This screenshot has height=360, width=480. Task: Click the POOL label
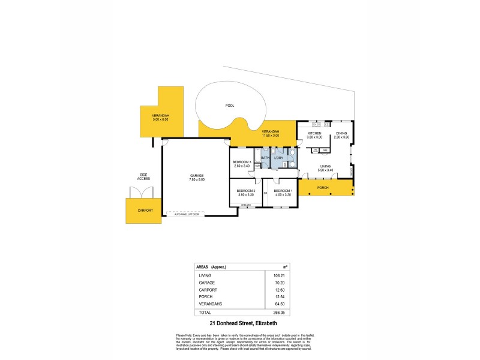click(229, 106)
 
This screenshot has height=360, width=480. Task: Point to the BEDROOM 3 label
click(242, 162)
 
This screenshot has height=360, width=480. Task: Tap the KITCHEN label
click(315, 133)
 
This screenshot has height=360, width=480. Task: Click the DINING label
click(341, 133)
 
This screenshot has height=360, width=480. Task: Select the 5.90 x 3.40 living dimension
click(325, 170)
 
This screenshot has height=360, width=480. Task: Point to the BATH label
click(265, 158)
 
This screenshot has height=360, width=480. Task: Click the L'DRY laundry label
click(278, 158)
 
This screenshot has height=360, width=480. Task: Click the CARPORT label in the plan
click(145, 211)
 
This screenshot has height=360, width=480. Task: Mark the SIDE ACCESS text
click(143, 177)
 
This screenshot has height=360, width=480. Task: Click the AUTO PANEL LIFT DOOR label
click(187, 213)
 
